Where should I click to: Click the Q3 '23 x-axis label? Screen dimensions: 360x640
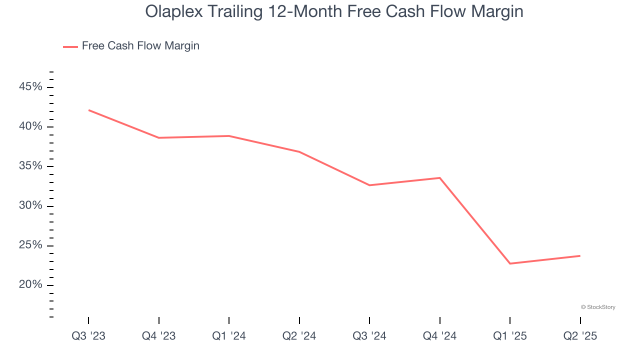coord(88,336)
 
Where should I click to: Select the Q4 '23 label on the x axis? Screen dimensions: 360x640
coord(158,336)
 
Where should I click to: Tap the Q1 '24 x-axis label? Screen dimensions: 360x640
coord(229,336)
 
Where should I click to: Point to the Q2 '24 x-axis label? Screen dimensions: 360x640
coord(299,336)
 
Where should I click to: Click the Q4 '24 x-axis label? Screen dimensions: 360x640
coord(439,336)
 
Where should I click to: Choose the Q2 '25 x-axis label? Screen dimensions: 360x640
coord(580,336)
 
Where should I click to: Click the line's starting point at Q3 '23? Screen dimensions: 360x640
coord(88,110)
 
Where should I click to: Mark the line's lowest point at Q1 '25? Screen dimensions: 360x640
coord(510,263)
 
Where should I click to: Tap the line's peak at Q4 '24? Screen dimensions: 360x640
coord(439,178)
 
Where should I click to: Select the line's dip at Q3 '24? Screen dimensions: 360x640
coord(369,185)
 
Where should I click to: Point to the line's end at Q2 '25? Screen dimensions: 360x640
coord(580,256)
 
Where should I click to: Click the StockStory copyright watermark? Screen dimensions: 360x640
coord(598,307)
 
